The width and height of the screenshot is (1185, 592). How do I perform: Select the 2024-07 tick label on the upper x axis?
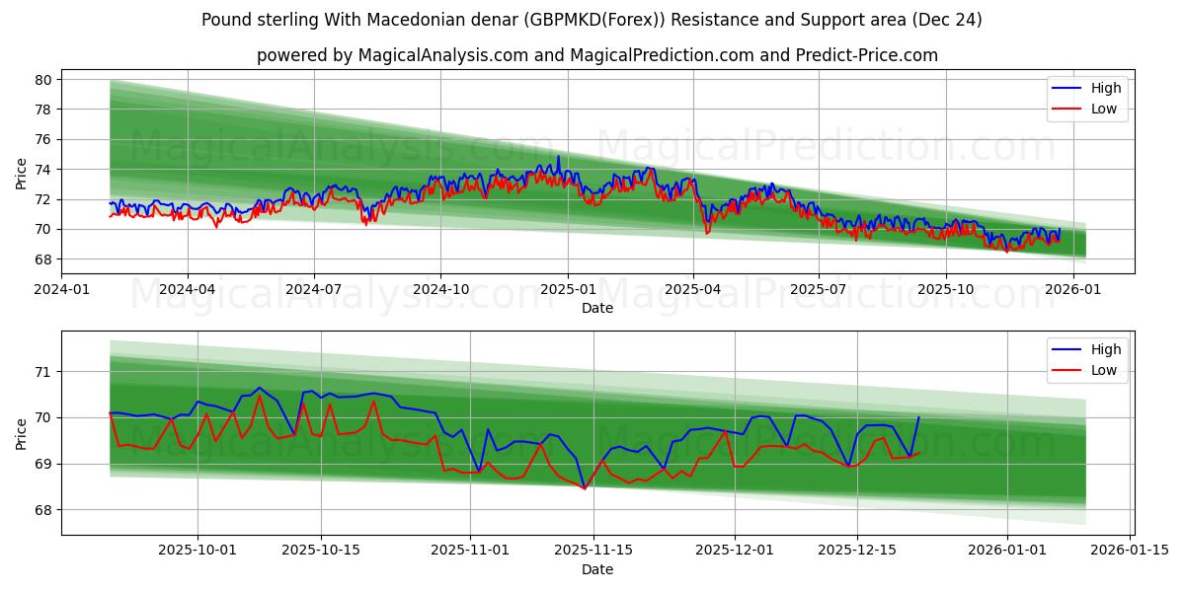(x=314, y=289)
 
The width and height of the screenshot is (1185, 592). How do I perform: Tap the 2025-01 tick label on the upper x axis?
(x=567, y=289)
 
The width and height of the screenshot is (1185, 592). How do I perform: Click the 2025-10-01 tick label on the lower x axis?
(x=197, y=551)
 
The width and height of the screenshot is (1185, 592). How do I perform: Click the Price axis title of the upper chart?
(x=21, y=174)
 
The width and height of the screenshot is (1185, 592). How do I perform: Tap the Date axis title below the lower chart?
(x=596, y=569)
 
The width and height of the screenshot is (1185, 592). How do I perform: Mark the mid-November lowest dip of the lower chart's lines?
(x=585, y=488)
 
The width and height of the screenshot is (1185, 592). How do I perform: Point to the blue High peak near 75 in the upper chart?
(x=558, y=156)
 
